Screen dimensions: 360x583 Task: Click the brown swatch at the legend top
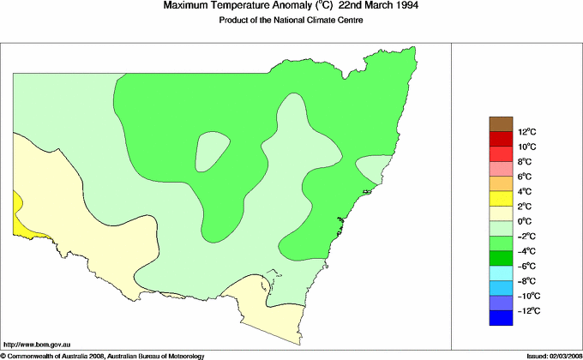click(x=501, y=124)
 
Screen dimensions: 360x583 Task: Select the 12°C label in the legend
click(x=526, y=132)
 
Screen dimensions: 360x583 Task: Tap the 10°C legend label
click(x=526, y=147)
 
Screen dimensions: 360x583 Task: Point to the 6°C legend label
click(x=525, y=177)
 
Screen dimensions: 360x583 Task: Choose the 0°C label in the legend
click(x=525, y=221)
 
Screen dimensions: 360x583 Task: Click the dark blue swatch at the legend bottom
click(x=501, y=318)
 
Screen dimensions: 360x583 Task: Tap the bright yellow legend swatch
click(x=501, y=199)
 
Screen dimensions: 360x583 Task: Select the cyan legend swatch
click(x=501, y=273)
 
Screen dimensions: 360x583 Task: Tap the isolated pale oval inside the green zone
click(x=211, y=152)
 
